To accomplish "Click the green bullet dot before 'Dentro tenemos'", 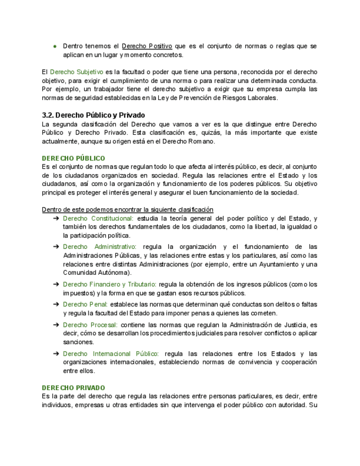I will click(55, 46).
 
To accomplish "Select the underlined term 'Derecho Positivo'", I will click(147, 46).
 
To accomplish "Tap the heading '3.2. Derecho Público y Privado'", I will click(93, 115).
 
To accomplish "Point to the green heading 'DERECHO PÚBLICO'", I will click(74, 158).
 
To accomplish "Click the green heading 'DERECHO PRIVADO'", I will click(74, 387).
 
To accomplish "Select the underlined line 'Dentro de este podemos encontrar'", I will click(128, 209).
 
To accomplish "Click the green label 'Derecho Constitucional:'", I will click(98, 218).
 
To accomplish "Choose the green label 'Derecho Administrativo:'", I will click(99, 247).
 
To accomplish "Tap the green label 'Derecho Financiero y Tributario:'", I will click(110, 284).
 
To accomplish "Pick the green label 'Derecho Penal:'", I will click(85, 304).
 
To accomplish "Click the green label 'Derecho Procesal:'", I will click(90, 325).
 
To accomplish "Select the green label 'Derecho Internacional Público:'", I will click(110, 353).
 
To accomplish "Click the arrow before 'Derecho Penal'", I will click(56, 304).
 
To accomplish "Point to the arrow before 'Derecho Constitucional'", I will click(56, 218).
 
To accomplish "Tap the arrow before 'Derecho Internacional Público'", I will click(56, 353).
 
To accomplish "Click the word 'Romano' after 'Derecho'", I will click(201, 141).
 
